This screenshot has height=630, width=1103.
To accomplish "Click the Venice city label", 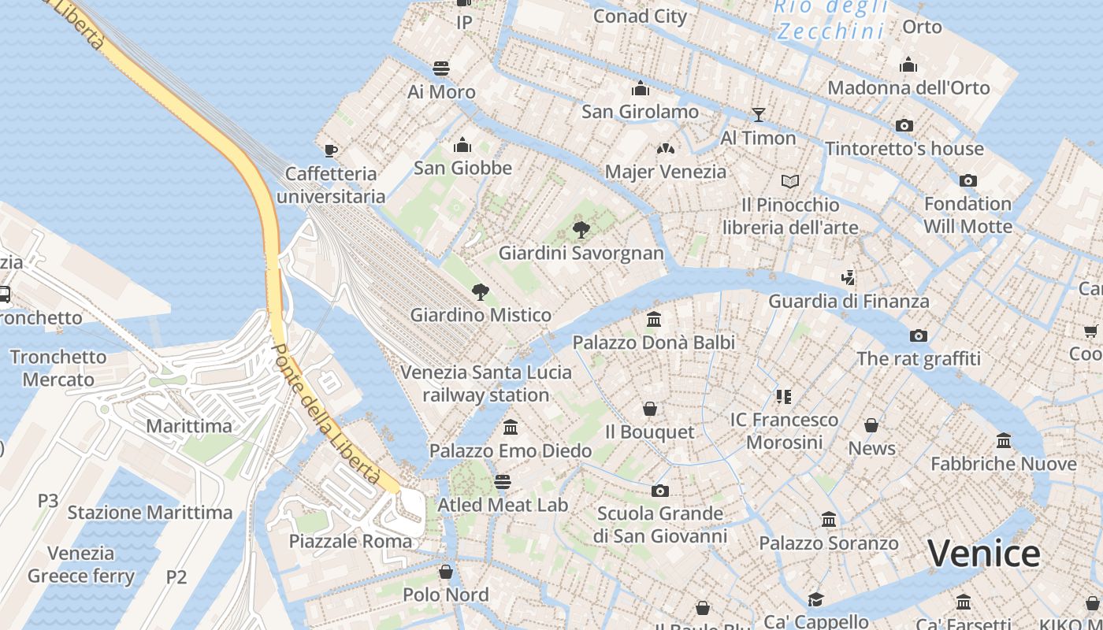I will click(x=983, y=554).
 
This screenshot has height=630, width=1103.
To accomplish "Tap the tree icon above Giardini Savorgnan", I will click(x=581, y=230).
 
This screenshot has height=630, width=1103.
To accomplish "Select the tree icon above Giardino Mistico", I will click(x=480, y=292).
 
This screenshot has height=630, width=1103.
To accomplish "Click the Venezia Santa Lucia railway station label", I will click(x=486, y=383).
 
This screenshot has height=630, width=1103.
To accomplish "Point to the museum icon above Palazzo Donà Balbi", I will click(x=653, y=320).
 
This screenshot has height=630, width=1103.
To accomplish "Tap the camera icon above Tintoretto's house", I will click(x=904, y=125).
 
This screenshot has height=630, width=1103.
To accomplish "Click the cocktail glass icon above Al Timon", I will click(x=758, y=115).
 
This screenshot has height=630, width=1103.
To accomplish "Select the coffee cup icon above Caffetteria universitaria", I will click(x=331, y=150).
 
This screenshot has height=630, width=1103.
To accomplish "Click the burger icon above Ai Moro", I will click(x=441, y=69).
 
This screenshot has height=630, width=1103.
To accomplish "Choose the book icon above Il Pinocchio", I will click(x=790, y=182).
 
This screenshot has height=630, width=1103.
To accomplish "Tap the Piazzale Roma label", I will click(x=350, y=541).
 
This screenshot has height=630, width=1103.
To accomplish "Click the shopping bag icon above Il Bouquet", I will click(x=650, y=409).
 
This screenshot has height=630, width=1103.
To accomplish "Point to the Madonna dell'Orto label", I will click(x=908, y=87).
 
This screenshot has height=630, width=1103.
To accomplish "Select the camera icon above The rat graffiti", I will click(x=919, y=336).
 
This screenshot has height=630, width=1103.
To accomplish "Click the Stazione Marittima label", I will click(x=150, y=513).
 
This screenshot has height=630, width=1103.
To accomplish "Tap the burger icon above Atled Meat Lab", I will click(x=503, y=481).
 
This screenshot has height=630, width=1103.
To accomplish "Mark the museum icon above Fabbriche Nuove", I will click(x=1004, y=441).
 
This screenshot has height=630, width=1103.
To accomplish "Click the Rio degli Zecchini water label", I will click(x=831, y=19).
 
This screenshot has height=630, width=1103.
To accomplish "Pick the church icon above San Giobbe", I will click(x=462, y=146).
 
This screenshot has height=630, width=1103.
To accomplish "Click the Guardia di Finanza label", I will click(x=849, y=301).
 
